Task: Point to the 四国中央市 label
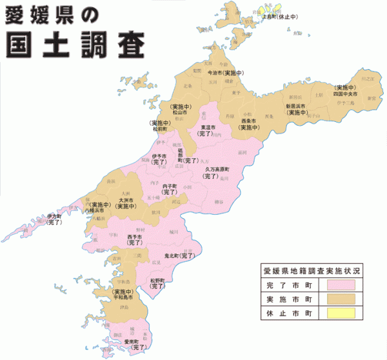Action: (345, 94)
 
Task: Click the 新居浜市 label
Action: (297, 106)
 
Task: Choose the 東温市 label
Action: (209, 127)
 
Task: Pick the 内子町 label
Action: (170, 186)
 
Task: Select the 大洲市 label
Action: (126, 200)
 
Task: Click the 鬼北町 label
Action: (172, 256)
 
